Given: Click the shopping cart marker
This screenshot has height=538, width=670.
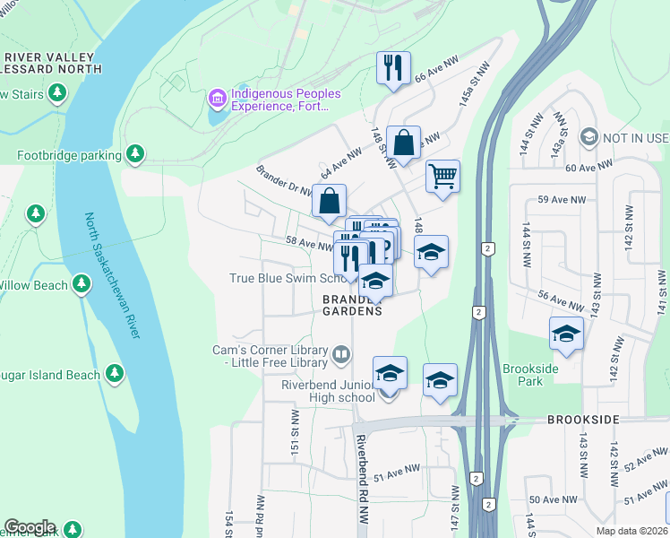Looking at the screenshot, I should point(442,176).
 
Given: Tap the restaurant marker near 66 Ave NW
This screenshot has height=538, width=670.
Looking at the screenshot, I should point(394,68).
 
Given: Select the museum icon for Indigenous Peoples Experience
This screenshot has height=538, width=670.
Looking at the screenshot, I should point(217,96).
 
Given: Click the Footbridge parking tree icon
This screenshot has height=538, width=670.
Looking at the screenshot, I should point(135,155).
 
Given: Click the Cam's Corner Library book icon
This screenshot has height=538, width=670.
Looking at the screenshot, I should point(340,355).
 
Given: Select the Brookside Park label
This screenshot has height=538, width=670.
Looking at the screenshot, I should point(530,375).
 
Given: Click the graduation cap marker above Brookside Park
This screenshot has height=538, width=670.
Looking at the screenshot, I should point(566,334).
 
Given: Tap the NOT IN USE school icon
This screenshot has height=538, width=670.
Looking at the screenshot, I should point(588,137).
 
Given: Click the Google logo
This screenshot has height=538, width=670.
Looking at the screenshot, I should point(30,527).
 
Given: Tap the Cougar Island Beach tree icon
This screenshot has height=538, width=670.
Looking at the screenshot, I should point(114,372).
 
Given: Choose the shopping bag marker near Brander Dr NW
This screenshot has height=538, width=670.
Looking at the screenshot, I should point(330,200).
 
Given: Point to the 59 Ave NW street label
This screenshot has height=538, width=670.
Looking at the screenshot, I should point(562,199).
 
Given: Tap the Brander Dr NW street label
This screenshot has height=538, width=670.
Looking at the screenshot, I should point(284,179).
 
